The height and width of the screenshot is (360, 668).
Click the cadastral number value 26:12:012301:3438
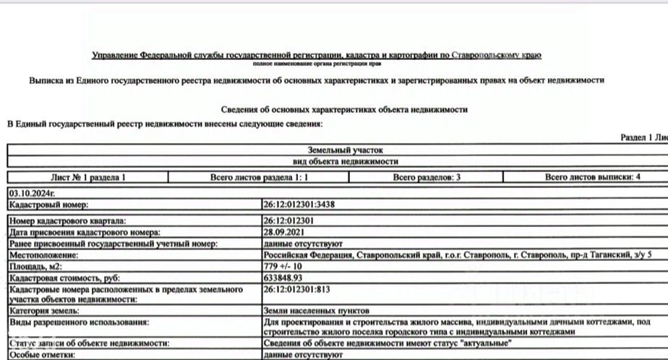point(299,205)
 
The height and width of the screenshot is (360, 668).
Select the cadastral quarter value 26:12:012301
point(288,220)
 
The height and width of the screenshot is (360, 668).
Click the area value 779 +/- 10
point(284,267)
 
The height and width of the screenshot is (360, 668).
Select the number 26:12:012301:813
point(296,289)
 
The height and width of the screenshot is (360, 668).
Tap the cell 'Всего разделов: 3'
point(427,177)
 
